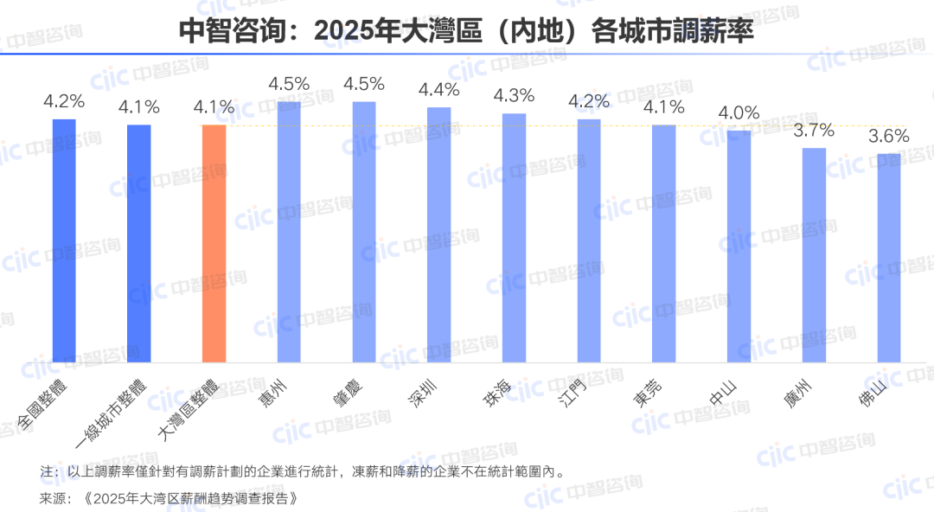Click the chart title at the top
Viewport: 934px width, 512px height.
[x=466, y=30]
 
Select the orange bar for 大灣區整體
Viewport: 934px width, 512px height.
[x=214, y=243]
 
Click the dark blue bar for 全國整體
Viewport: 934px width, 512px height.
[x=65, y=240]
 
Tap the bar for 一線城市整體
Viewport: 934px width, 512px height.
[x=139, y=243]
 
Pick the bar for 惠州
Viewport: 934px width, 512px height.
[x=289, y=232]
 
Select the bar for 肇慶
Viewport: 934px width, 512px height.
[x=364, y=232]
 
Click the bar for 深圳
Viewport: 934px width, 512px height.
[x=438, y=234]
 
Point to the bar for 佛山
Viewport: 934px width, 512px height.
[x=889, y=258]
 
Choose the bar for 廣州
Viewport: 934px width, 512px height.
[x=814, y=254]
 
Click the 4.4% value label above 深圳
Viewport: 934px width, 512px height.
[x=438, y=89]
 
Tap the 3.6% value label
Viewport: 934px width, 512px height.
[x=889, y=136]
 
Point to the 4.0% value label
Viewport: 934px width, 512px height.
[x=739, y=112]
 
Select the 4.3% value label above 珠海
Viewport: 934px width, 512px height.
[x=514, y=95]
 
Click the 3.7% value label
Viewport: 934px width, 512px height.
[x=814, y=130]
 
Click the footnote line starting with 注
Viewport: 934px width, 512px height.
[x=302, y=472]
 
